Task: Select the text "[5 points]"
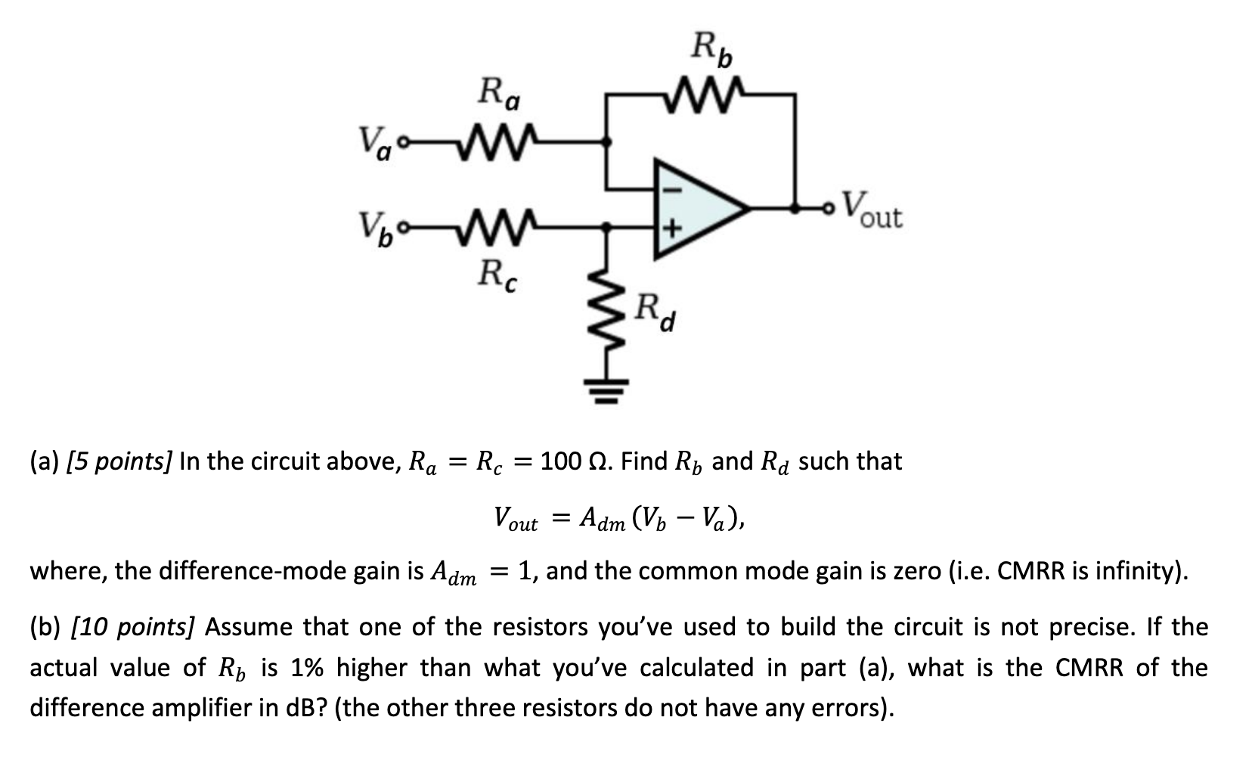119,461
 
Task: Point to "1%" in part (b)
308,668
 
